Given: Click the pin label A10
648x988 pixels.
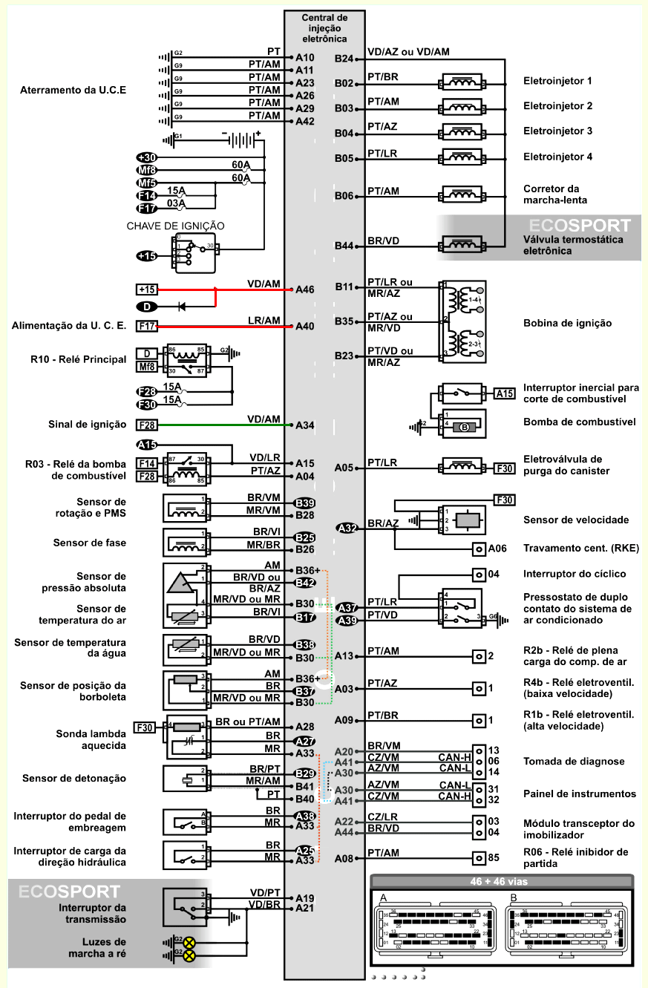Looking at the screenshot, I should [x=305, y=57].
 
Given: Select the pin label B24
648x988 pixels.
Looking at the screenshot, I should [x=344, y=59].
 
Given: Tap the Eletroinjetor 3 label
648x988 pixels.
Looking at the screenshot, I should [x=557, y=131].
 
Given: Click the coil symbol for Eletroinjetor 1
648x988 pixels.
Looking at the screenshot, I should [x=463, y=82].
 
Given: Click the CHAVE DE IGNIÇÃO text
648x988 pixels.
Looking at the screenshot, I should [x=175, y=226].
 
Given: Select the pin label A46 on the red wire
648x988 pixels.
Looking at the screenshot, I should [x=305, y=289].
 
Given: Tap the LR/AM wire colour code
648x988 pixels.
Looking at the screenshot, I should [x=264, y=320].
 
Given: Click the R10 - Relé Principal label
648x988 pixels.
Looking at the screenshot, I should [x=78, y=359].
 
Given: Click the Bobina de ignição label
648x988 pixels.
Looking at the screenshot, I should [x=568, y=324].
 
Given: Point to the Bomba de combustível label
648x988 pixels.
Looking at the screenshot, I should [x=579, y=422].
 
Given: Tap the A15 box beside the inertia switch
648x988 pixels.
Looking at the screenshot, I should [x=504, y=393].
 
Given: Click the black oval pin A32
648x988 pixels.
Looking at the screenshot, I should [x=347, y=529].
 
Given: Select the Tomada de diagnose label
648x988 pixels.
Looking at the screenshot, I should [x=574, y=762].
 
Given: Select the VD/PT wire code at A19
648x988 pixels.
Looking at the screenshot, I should [x=265, y=892].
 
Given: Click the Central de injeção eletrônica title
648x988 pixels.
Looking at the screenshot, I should [x=324, y=27].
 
